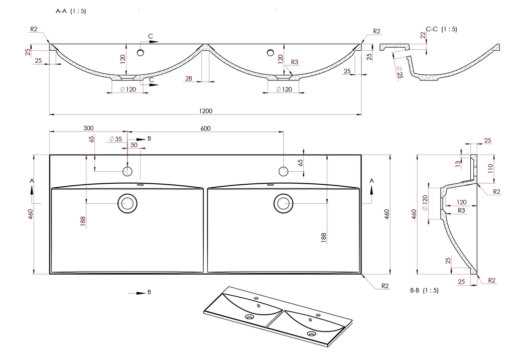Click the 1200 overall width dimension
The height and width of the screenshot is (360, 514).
coord(205,111)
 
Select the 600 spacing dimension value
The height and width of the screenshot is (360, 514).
coord(205,128)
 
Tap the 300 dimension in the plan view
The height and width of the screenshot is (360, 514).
coord(88,128)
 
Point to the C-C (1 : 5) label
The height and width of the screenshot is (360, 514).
coord(441,29)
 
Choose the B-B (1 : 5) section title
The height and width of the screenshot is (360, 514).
coord(424,290)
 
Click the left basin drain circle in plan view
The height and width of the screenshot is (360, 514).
coord(127,203)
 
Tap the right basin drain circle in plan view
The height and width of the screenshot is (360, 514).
coord(283,203)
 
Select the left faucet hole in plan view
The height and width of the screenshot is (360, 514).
coord(127,172)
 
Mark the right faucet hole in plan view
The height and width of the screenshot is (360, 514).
coord(283,172)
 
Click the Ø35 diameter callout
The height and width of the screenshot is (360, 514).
coord(115,139)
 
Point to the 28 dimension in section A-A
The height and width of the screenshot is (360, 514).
coord(189,78)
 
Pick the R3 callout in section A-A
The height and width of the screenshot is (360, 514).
coord(295,62)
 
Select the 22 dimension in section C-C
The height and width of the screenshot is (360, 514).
coord(423,35)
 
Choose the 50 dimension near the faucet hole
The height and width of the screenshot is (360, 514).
coord(134,145)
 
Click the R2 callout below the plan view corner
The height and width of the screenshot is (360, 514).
coord(385,286)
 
